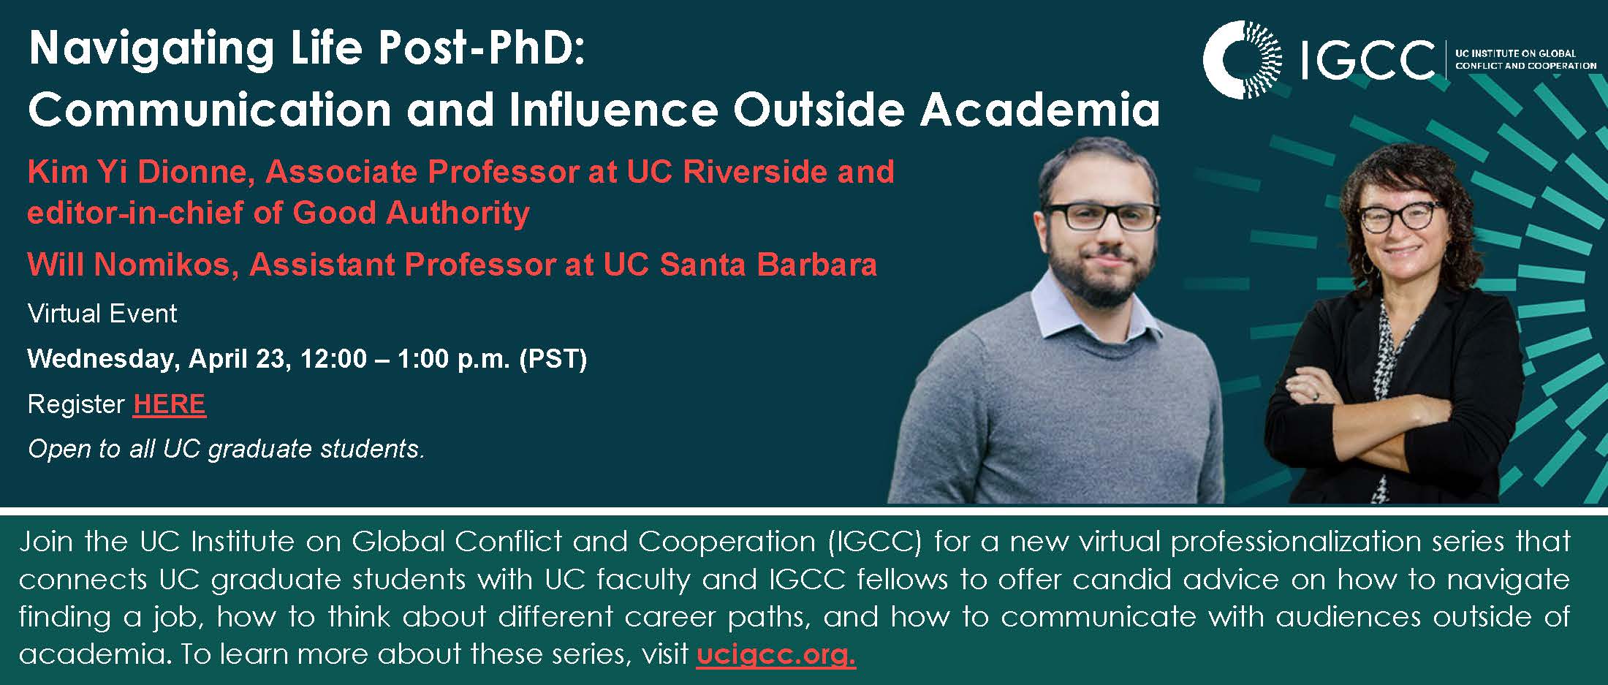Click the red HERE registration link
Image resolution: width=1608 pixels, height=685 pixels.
coord(170,404)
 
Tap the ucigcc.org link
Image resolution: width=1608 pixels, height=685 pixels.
coord(775,653)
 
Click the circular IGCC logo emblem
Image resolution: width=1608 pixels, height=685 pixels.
coord(1242,60)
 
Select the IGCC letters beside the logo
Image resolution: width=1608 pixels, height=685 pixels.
coord(1368,60)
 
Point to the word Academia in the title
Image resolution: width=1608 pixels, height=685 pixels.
coord(1040,110)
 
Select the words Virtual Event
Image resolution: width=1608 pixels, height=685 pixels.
coord(102,314)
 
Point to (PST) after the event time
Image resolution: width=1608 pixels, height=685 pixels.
coord(553,359)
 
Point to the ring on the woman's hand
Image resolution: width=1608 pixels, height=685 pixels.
coord(1316,396)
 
